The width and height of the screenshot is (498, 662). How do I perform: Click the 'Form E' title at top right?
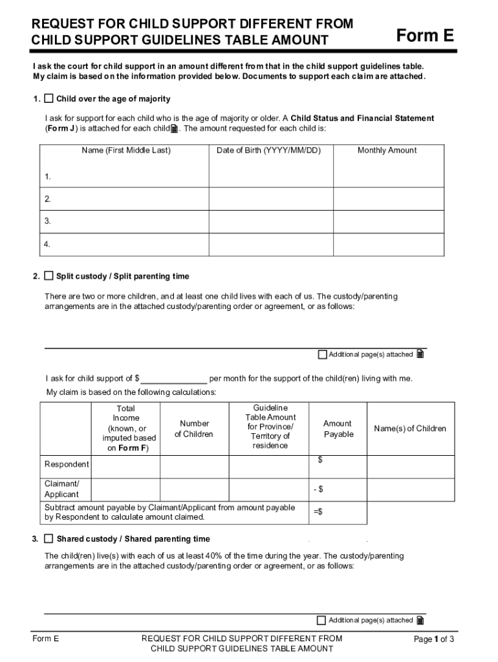425,36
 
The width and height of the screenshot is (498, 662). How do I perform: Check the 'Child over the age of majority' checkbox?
49,99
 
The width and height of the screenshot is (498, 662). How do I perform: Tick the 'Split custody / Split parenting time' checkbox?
49,276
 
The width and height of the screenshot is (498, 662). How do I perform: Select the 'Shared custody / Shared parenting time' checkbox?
49,539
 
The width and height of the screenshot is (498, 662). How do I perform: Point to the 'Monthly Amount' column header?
387,151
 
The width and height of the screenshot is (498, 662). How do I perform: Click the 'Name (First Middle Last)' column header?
126,151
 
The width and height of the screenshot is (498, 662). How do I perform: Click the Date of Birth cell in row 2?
270,199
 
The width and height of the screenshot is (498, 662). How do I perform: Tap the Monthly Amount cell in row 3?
388,221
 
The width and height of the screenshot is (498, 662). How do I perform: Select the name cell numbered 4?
126,244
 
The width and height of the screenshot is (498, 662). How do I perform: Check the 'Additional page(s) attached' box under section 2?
323,354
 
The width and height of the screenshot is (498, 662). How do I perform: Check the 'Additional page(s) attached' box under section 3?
321,620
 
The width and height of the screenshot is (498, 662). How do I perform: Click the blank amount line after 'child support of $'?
173,379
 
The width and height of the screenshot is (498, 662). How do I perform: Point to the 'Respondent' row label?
67,464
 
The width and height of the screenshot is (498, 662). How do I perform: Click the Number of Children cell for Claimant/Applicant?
194,489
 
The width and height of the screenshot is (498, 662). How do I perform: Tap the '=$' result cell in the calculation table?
338,512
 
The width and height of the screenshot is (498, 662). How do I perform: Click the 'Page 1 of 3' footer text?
434,639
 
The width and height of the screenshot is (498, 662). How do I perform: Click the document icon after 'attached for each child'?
174,129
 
